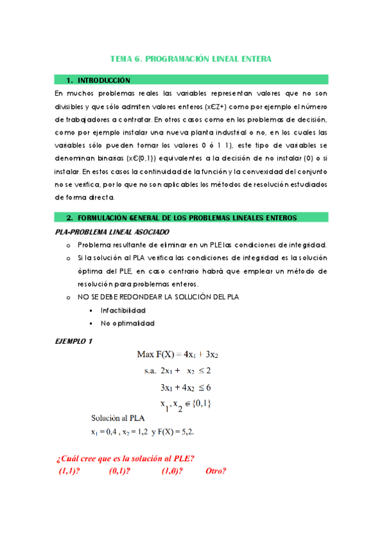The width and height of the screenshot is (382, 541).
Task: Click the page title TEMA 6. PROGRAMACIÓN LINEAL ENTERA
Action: coord(191,59)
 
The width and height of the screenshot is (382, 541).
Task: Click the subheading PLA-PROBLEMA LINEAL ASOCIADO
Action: coord(114,232)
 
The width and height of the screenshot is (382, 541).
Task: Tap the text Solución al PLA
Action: coord(117,419)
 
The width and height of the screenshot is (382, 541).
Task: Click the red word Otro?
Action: coord(216,471)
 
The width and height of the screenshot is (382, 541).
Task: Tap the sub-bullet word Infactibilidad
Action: coord(123,310)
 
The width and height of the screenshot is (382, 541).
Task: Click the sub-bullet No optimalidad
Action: coord(128,323)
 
